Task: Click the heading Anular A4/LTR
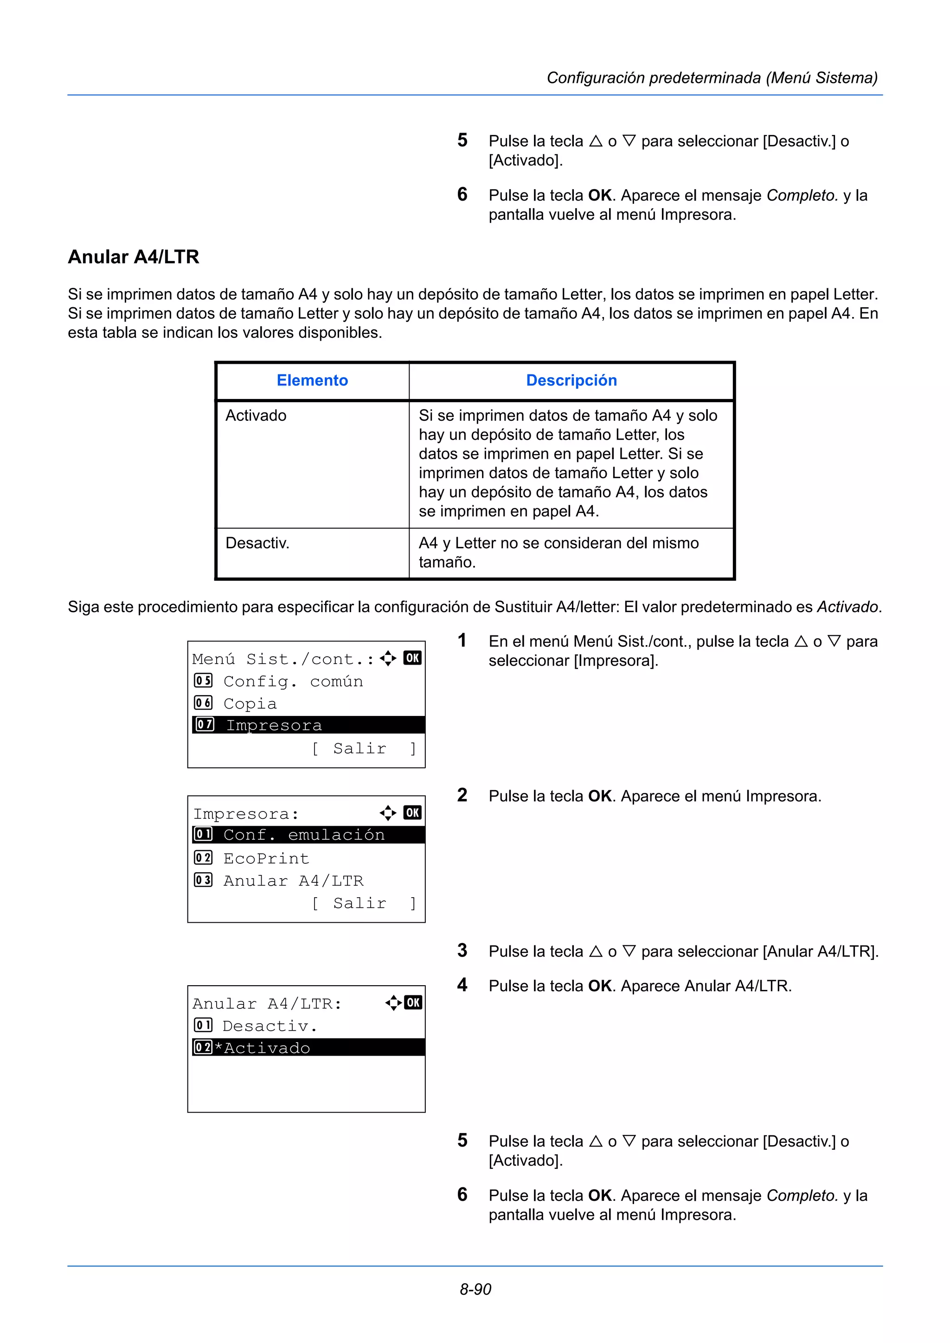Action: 134,257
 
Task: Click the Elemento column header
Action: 312,381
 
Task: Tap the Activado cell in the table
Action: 256,416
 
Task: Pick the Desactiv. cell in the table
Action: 257,544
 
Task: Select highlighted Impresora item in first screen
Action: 274,725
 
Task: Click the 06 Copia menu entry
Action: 250,703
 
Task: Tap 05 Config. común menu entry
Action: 293,681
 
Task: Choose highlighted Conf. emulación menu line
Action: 304,835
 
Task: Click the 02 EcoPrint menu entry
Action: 266,859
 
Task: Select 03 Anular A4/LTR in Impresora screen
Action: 293,881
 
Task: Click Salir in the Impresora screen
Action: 359,904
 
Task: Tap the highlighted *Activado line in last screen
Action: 267,1048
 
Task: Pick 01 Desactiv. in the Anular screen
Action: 269,1026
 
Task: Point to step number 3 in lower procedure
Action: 462,950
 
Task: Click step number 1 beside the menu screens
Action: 462,640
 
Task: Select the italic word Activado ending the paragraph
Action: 847,607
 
